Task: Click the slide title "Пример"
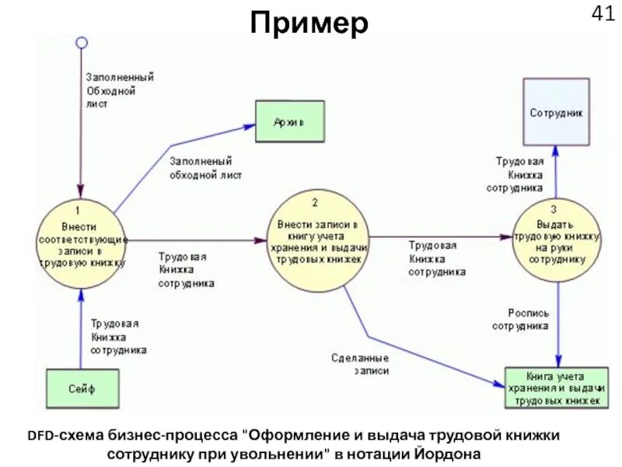309,24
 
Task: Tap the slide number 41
603,15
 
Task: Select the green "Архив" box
289,122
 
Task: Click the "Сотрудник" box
555,111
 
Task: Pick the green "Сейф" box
81,385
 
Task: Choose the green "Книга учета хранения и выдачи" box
554,387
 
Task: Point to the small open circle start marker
81,43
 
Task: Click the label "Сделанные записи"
360,365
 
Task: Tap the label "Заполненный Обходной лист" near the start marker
118,90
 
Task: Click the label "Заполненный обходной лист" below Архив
204,168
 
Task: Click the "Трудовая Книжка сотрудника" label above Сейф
118,336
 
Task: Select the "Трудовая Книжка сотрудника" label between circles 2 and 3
437,258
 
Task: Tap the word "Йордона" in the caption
449,453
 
